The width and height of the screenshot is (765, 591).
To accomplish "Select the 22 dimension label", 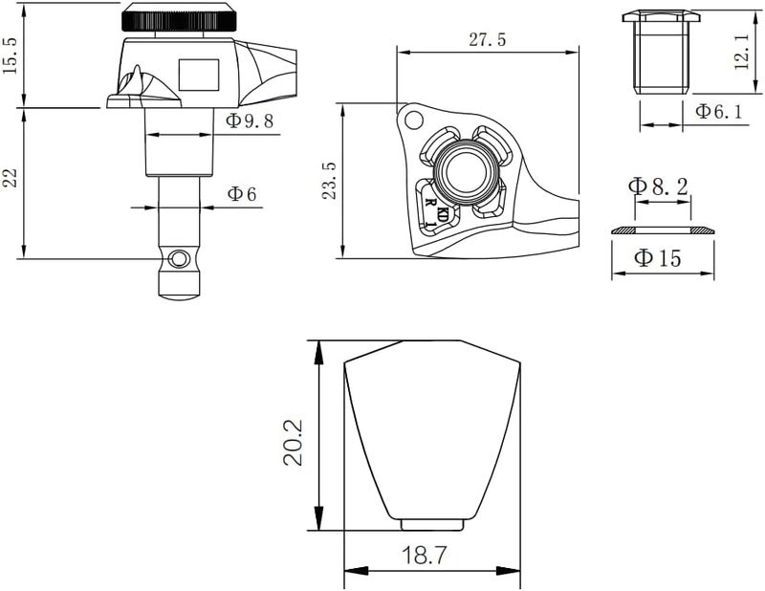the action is coord(11,178).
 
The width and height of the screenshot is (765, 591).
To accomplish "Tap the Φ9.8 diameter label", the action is coord(250,121).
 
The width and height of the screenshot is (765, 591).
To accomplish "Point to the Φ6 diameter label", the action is coord(242,194).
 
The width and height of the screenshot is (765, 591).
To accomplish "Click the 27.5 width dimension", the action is coord(488,39).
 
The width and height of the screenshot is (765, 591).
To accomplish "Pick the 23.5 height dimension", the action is coord(330,180).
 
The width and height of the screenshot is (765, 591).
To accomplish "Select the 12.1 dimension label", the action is coord(741,52).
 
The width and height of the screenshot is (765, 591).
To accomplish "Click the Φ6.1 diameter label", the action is coord(719,111).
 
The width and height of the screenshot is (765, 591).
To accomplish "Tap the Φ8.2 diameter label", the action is coord(658,186).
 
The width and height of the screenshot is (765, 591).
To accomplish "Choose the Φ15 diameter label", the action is coord(657,257).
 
